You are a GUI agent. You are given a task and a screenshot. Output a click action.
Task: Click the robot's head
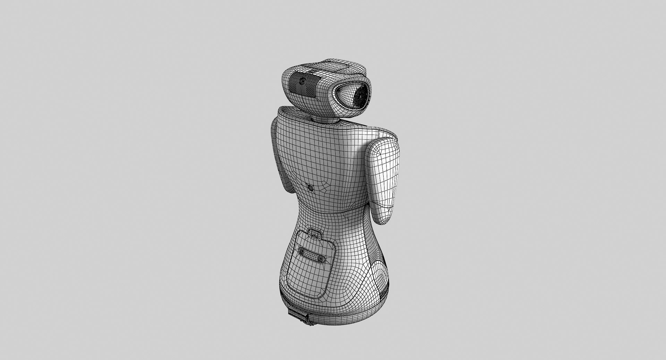tap(326, 87)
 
